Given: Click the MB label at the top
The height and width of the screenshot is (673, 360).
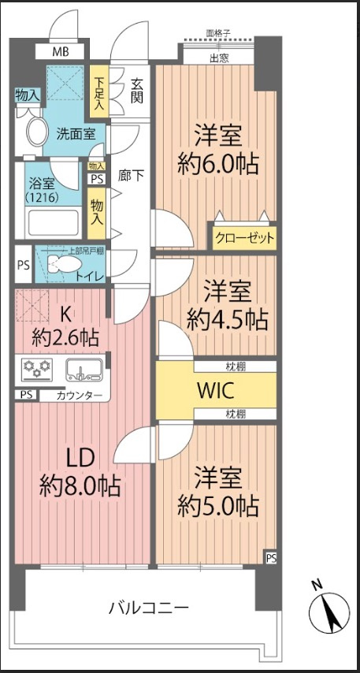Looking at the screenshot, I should pos(61,52).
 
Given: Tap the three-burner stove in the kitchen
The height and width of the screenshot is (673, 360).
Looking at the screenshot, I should pos(35,368).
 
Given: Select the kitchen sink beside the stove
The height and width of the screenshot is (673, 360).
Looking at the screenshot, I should pos(82,368).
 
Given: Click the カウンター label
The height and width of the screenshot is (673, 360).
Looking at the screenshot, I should pos(79,395).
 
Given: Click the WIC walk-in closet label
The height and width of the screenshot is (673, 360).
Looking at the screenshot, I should pos(214,390).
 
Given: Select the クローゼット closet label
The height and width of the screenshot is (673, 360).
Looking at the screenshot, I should pos(244,237).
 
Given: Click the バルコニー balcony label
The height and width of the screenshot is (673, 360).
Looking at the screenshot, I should pos(148,608).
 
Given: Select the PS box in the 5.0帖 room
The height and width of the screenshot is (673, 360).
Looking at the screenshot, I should pos(271,558).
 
